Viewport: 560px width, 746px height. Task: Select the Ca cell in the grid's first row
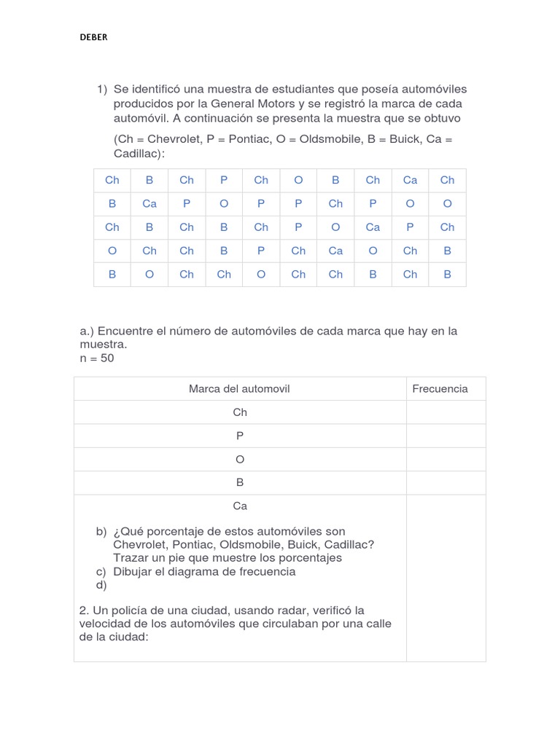[410, 180]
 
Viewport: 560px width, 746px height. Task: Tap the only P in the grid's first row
[224, 180]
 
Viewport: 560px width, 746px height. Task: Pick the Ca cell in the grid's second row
[149, 204]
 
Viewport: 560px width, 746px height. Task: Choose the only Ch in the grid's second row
[335, 204]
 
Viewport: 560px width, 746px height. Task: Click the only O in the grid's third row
[335, 227]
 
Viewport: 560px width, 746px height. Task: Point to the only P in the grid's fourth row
[261, 251]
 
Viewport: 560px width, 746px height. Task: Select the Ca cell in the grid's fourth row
[335, 251]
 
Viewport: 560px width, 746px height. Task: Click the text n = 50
[97, 358]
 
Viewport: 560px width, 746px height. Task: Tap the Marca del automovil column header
[239, 389]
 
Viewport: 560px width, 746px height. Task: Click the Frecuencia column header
[440, 389]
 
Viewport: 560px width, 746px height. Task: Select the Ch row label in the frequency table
[240, 412]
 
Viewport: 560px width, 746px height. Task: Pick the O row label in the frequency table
[240, 459]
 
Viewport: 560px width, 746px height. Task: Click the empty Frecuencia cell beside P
[446, 436]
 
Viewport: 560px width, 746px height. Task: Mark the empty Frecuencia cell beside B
[446, 482]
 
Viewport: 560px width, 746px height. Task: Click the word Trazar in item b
[132, 558]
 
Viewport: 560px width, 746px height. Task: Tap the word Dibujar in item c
[134, 571]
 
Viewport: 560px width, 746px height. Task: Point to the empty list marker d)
[101, 585]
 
